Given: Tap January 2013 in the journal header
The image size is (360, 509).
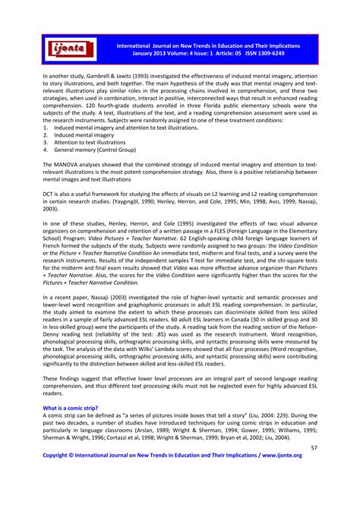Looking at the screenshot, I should [152, 54].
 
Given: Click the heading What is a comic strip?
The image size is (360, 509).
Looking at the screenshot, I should [70, 408].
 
